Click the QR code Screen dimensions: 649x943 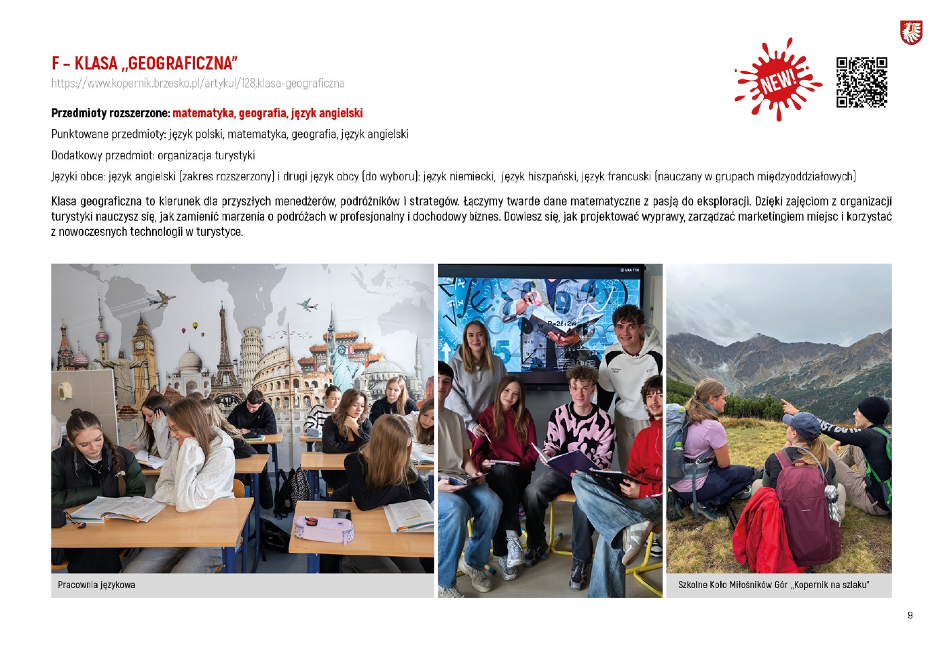(862, 83)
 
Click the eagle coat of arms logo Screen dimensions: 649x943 (911, 32)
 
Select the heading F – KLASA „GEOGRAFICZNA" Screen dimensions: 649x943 (145, 64)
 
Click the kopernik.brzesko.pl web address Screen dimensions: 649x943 (198, 83)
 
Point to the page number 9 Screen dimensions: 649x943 (910, 615)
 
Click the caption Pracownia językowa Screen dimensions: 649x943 (96, 585)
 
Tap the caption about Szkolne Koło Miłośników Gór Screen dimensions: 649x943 (773, 585)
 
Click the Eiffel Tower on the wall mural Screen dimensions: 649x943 (223, 353)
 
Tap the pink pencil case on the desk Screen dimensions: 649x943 (323, 528)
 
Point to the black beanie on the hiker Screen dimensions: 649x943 (874, 410)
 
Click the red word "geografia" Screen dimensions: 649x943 (262, 113)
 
